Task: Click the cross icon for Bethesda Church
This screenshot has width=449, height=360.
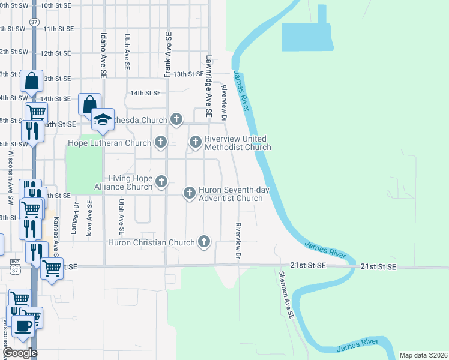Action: [176, 119]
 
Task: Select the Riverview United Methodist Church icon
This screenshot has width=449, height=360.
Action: [195, 142]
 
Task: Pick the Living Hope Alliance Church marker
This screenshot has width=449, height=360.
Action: [160, 181]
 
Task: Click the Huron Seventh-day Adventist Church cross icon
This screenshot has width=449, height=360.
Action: [189, 193]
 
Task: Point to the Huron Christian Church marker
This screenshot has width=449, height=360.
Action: [204, 242]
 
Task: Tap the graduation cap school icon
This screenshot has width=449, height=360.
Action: [103, 120]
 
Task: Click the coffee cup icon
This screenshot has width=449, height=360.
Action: [24, 327]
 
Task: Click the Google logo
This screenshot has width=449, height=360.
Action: [19, 353]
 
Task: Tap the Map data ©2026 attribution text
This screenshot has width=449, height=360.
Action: [423, 355]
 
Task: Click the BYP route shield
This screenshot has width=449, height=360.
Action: [16, 262]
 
